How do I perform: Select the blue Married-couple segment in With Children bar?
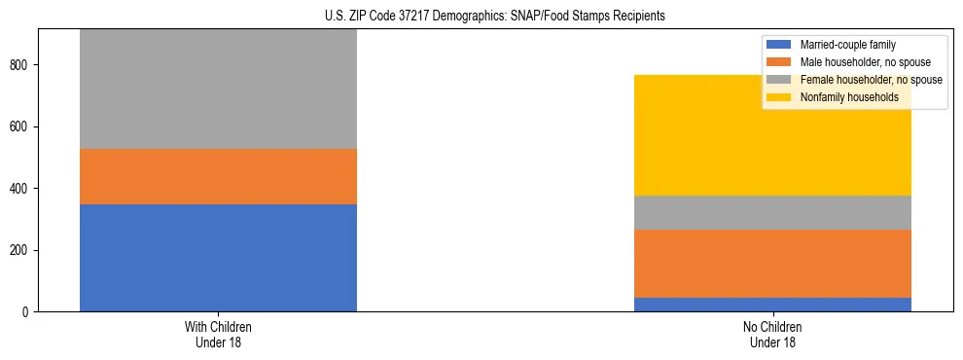click(218, 258)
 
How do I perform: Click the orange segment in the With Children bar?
click(218, 176)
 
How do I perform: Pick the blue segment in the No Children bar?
click(772, 305)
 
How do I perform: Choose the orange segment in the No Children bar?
click(772, 264)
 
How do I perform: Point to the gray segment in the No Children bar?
click(772, 212)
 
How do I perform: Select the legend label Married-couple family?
click(847, 45)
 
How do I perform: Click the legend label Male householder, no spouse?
click(862, 62)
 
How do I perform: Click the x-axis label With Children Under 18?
click(218, 335)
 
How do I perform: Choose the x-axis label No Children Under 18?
click(772, 335)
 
